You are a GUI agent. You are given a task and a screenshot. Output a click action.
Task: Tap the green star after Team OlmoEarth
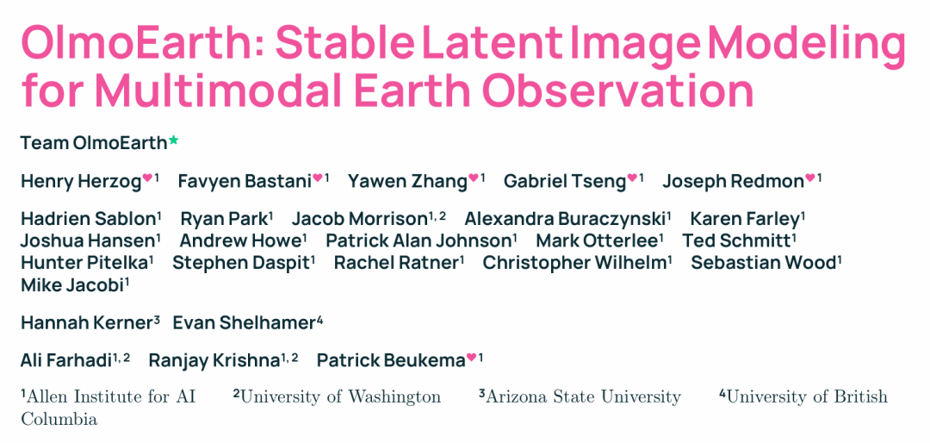(x=173, y=141)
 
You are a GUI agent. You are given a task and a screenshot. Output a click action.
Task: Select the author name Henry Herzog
(x=81, y=181)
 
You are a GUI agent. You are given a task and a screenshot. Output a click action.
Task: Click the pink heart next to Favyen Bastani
(x=318, y=177)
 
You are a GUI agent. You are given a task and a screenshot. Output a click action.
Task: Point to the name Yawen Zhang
(x=407, y=181)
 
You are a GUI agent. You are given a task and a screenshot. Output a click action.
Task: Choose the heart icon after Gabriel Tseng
(x=632, y=177)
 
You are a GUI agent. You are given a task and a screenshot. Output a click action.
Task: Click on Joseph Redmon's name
(x=733, y=181)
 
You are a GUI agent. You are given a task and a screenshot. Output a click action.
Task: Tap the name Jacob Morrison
(x=359, y=219)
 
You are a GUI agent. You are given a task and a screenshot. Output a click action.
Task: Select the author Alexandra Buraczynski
(x=564, y=219)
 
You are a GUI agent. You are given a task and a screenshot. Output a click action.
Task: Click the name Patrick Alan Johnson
(x=418, y=241)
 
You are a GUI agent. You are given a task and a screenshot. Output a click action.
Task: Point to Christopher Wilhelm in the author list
(x=574, y=263)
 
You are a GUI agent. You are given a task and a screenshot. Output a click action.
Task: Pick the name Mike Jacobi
(x=72, y=284)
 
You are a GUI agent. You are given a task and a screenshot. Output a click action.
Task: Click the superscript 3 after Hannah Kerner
(x=157, y=321)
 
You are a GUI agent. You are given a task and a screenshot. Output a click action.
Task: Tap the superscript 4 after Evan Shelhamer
(x=319, y=321)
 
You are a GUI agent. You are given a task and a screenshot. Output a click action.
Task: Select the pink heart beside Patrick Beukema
(x=472, y=357)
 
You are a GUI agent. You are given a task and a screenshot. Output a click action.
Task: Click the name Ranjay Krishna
(x=214, y=360)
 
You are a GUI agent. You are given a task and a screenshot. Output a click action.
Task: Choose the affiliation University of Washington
(x=340, y=396)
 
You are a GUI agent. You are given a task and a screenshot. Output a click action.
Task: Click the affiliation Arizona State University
(x=583, y=396)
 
